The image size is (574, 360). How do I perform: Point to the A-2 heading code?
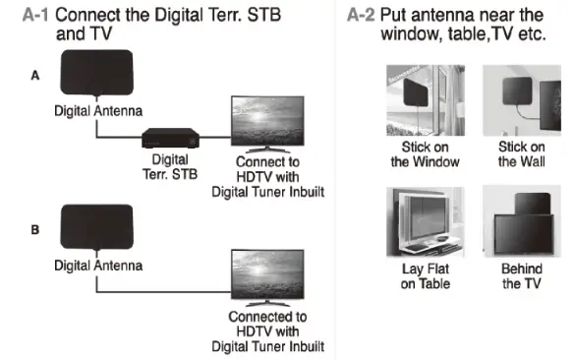coord(365,15)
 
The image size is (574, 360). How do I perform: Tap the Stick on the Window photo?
coord(419,101)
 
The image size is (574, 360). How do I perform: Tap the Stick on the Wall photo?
coord(521,101)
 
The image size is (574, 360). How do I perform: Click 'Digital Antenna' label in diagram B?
coord(97,266)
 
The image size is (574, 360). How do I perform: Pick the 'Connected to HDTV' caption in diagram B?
coord(267,331)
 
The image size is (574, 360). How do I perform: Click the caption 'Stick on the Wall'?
coord(521,153)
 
